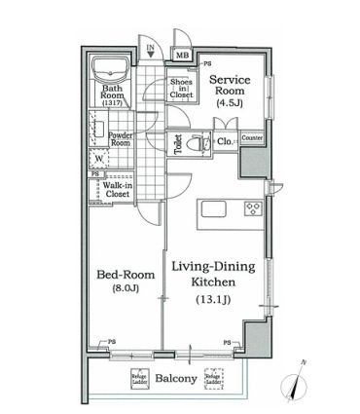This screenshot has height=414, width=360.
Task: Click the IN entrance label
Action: pyautogui.click(x=150, y=48)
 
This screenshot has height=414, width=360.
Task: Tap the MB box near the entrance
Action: pyautogui.click(x=182, y=56)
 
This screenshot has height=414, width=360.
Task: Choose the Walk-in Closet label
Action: pyautogui.click(x=118, y=189)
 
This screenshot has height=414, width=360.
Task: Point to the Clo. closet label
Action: pyautogui.click(x=224, y=142)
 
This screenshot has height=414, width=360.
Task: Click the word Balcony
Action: pyautogui.click(x=175, y=379)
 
